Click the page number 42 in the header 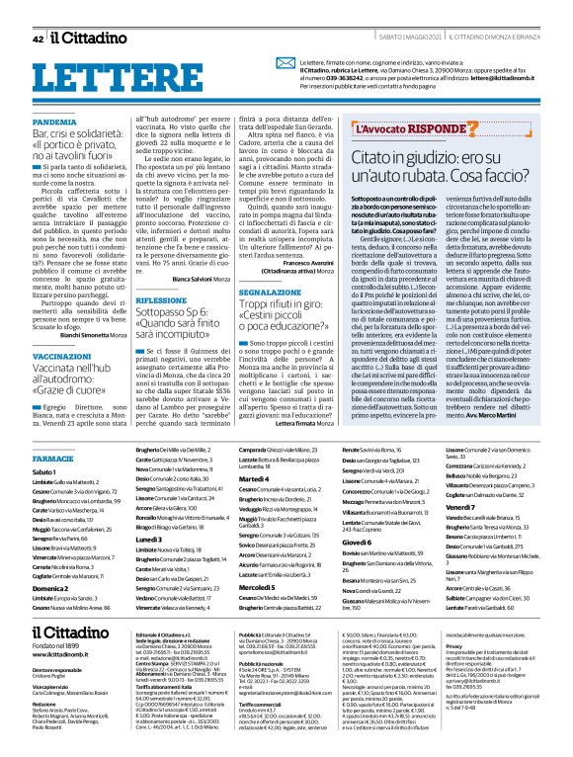click(x=38, y=39)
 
